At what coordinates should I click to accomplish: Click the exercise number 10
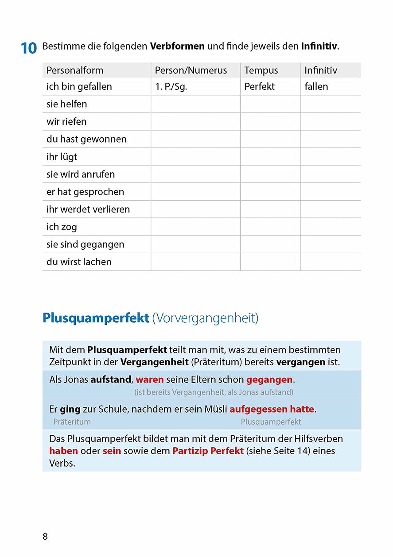[29, 48]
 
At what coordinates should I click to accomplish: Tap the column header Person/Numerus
[191, 70]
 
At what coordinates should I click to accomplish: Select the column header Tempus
[261, 70]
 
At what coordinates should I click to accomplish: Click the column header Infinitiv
[321, 70]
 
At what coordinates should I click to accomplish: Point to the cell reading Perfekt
[259, 87]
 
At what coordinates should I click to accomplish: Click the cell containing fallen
[316, 87]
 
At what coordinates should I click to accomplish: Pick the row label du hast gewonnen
[86, 139]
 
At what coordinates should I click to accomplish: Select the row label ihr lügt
[62, 157]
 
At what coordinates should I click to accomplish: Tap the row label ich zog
[62, 227]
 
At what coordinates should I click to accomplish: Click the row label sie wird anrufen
[81, 174]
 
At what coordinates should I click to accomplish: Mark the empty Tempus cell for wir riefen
[270, 122]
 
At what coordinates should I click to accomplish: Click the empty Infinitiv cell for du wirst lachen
[331, 262]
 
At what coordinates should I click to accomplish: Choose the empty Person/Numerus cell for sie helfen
[195, 104]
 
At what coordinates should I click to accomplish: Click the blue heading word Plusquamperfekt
[96, 318]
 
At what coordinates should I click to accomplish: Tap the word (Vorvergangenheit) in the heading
[205, 318]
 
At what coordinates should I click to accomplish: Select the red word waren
[150, 380]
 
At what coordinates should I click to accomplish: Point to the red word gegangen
[269, 380]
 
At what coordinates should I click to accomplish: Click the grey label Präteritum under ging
[72, 422]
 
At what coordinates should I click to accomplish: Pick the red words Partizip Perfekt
[208, 451]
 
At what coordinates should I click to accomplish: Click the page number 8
[45, 537]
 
